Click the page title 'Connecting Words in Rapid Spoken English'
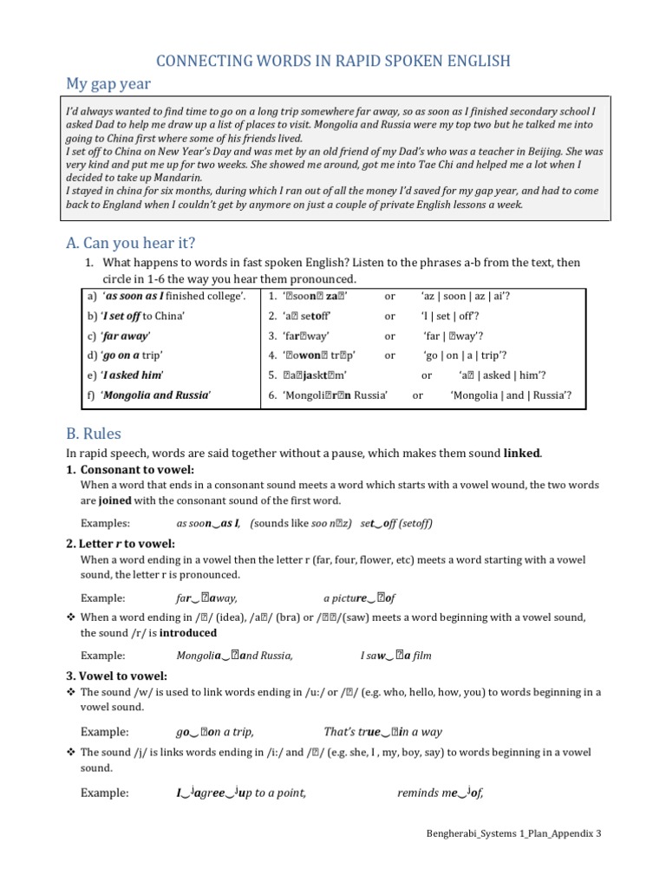(332, 60)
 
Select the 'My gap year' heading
(108, 83)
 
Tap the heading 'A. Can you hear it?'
(130, 242)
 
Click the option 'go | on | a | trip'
(465, 356)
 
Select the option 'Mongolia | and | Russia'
(511, 395)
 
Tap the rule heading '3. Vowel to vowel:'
(117, 676)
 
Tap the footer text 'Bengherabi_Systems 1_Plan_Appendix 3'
(514, 833)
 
